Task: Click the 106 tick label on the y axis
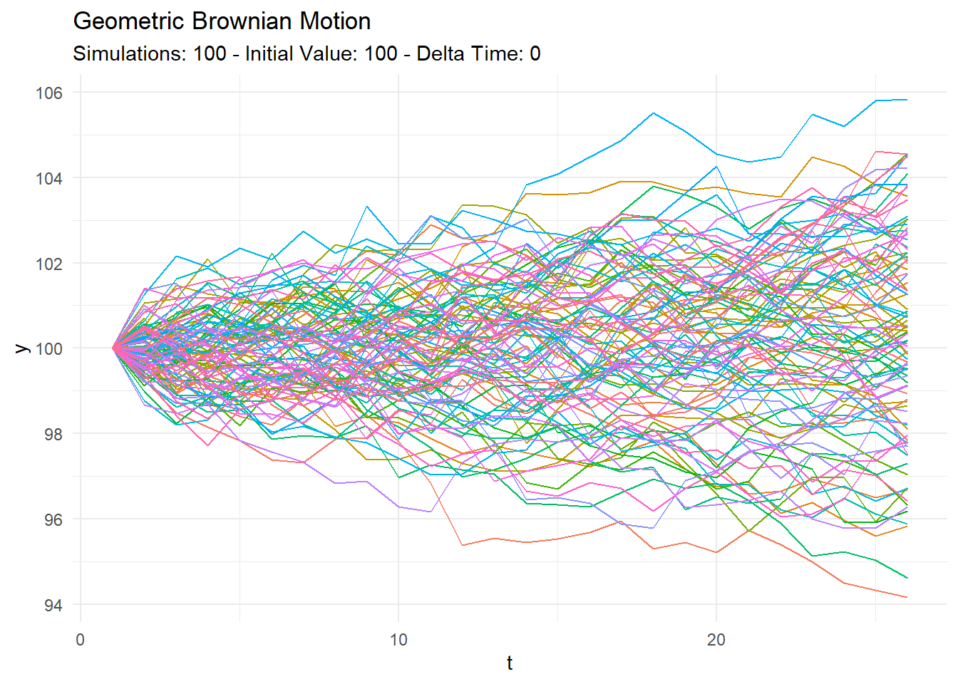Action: (49, 93)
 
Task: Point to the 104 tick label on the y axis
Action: (49, 178)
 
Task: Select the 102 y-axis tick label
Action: (49, 264)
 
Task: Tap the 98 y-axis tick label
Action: (53, 434)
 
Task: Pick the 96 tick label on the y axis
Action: (53, 519)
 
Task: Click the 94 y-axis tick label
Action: (53, 605)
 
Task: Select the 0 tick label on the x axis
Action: (81, 640)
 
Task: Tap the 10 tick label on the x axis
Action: (398, 640)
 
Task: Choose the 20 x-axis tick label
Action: (716, 640)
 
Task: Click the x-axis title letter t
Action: (510, 663)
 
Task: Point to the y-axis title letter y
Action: (22, 348)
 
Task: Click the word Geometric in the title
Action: (130, 21)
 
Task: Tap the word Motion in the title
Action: (335, 21)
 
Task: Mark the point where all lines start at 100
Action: (113, 348)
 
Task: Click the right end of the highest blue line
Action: (907, 100)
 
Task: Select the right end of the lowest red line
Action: (907, 597)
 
